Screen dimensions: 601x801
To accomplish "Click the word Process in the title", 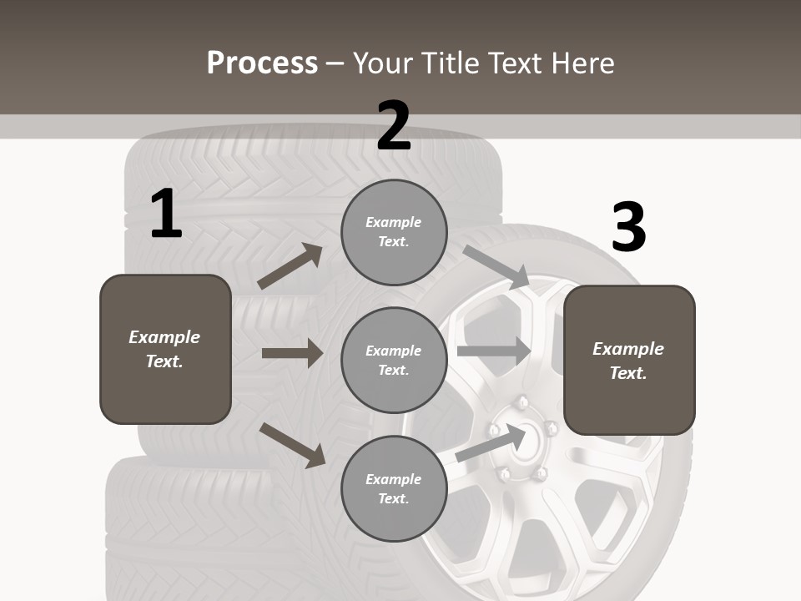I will pyautogui.click(x=262, y=63).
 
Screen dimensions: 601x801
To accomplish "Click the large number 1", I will pyautogui.click(x=166, y=215).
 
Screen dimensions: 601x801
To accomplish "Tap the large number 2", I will pyautogui.click(x=394, y=127).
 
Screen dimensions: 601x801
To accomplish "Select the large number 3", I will pyautogui.click(x=628, y=227).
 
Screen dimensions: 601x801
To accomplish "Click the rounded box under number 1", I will pyautogui.click(x=165, y=349).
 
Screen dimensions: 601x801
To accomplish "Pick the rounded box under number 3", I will pyautogui.click(x=629, y=360).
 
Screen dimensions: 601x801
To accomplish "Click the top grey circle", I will pyautogui.click(x=394, y=232).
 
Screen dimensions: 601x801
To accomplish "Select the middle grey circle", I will pyautogui.click(x=394, y=360).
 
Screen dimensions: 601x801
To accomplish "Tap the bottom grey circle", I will pyautogui.click(x=394, y=488).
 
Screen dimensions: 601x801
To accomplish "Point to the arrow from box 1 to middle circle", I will pyautogui.click(x=292, y=353).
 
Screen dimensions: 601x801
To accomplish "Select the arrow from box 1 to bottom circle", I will pyautogui.click(x=292, y=445).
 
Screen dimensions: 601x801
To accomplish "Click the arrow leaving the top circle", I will pyautogui.click(x=496, y=266).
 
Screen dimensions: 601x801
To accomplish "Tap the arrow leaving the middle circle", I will pyautogui.click(x=494, y=351).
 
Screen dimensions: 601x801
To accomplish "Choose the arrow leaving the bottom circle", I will pyautogui.click(x=491, y=442).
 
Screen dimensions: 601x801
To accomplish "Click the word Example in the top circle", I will pyautogui.click(x=394, y=222).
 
